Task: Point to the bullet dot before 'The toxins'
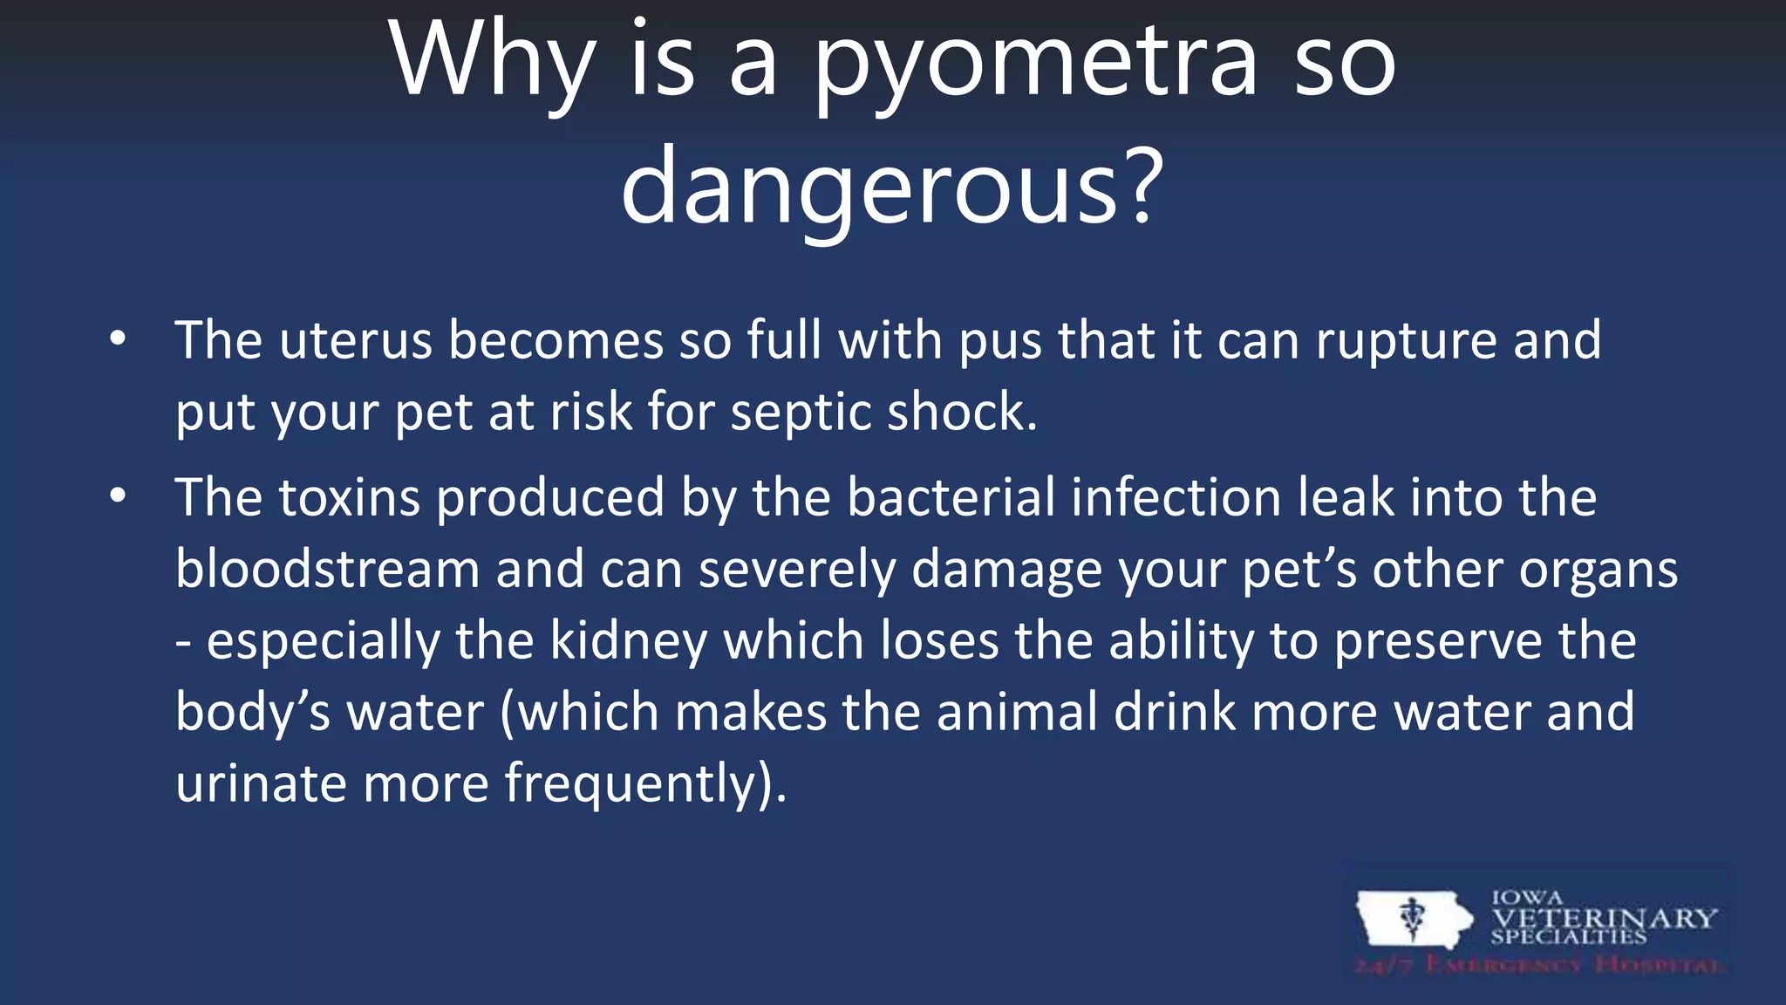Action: [119, 496]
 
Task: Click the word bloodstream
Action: [327, 570]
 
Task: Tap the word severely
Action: [797, 571]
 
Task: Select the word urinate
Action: [261, 783]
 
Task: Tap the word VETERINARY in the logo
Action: [1604, 919]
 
